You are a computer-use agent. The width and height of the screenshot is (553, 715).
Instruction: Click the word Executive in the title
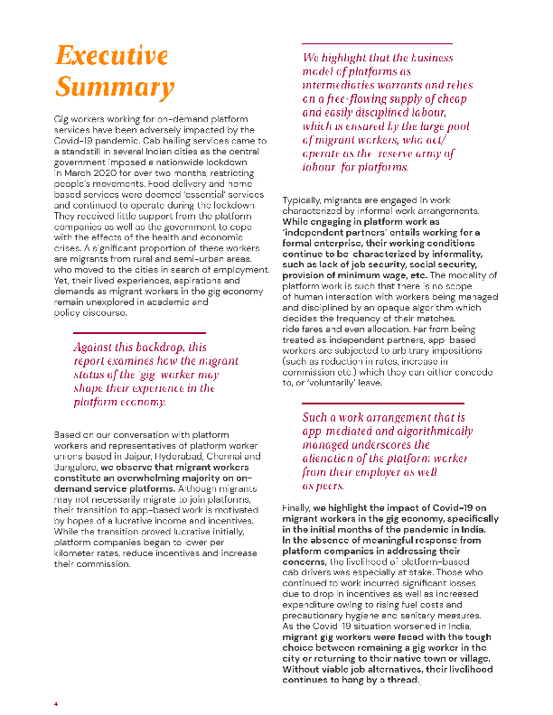pos(111,56)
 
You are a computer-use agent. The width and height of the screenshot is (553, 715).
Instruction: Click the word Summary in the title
pos(114,88)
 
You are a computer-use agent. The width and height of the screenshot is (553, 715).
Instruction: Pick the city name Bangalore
pos(77,468)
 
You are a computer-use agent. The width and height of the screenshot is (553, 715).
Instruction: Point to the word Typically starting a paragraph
pos(304,198)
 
